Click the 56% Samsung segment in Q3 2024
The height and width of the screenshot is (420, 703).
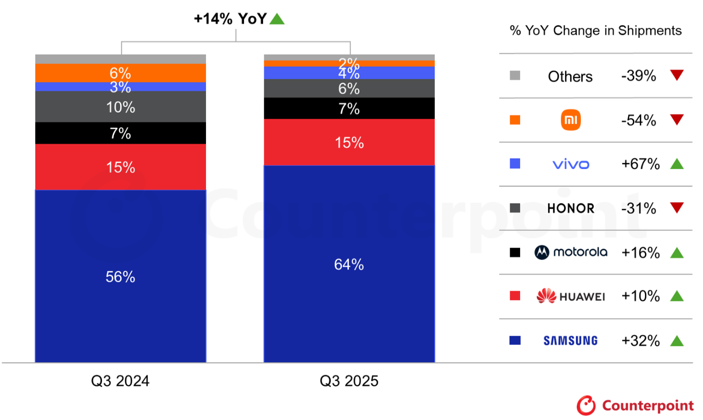pyautogui.click(x=120, y=276)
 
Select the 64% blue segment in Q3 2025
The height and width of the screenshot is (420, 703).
pyautogui.click(x=349, y=264)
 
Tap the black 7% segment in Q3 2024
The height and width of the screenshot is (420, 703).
pyautogui.click(x=120, y=133)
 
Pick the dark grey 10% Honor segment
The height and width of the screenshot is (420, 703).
pyautogui.click(x=120, y=107)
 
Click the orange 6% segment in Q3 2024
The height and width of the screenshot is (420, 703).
pyautogui.click(x=120, y=73)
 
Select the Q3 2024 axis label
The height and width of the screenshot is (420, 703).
pyautogui.click(x=120, y=381)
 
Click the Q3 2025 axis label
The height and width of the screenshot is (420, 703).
pyautogui.click(x=349, y=381)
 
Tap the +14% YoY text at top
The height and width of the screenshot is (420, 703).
pyautogui.click(x=230, y=19)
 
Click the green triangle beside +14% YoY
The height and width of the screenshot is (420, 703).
pyautogui.click(x=277, y=19)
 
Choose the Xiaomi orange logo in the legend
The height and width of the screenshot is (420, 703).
pyautogui.click(x=571, y=120)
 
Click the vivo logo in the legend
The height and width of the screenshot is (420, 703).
pyautogui.click(x=571, y=164)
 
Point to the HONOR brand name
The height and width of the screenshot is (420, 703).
pyautogui.click(x=571, y=208)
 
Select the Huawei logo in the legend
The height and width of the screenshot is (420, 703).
pyautogui.click(x=571, y=296)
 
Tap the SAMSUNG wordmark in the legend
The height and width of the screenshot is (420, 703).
pyautogui.click(x=571, y=341)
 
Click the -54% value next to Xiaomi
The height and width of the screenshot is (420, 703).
pyautogui.click(x=639, y=120)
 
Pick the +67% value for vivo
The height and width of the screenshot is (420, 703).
pyautogui.click(x=640, y=164)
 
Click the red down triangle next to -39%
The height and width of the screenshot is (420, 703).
pyautogui.click(x=677, y=76)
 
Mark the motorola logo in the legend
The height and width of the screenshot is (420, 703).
pyautogui.click(x=571, y=252)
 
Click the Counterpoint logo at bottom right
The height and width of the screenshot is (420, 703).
pyautogui.click(x=635, y=405)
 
